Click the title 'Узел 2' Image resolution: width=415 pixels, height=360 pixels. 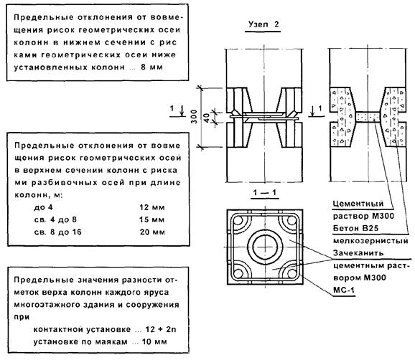coord(264,24)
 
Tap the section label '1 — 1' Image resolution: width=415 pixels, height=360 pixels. coord(264,192)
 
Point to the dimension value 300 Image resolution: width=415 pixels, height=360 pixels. coord(194,117)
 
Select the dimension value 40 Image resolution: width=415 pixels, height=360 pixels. coord(207,117)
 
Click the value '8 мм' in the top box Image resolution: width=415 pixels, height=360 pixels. coord(151,67)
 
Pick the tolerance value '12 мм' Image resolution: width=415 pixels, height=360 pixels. coord(152,207)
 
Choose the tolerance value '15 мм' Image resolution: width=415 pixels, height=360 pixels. coord(152,219)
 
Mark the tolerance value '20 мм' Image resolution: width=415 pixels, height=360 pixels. coord(152,232)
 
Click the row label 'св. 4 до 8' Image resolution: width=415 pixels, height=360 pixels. coord(55,219)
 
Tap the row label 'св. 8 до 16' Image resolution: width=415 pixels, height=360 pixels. coord(57,232)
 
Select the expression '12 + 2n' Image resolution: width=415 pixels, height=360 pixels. coord(161,329)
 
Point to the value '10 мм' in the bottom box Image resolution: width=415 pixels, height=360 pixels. coord(154,342)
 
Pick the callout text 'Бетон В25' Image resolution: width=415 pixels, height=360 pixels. coord(355,228)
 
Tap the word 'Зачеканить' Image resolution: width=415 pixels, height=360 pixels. coord(358,253)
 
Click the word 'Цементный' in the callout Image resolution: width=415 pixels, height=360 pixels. coord(358,204)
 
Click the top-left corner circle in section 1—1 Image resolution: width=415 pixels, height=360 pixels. coord(238,220)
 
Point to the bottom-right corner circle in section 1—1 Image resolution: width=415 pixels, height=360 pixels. coord(292,273)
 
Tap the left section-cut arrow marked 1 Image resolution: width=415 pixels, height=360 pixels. coord(182,110)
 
